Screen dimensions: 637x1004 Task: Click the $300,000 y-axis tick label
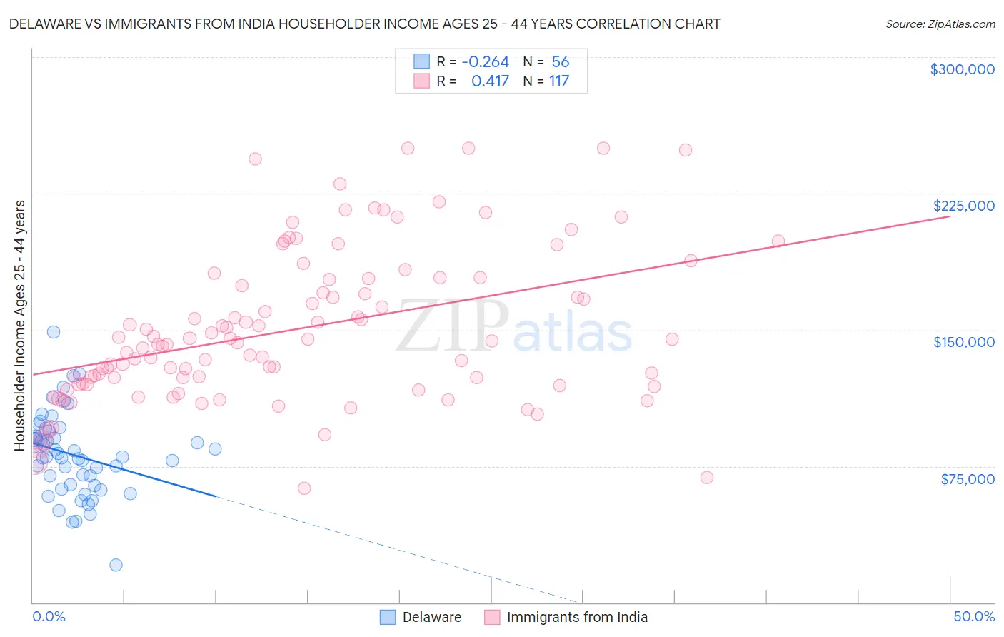click(962, 69)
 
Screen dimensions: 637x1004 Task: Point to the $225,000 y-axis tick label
click(963, 206)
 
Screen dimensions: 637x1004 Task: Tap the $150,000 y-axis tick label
click(963, 342)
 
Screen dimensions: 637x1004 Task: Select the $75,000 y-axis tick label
click(968, 479)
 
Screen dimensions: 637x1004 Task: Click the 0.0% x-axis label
click(49, 616)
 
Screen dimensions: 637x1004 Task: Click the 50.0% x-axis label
click(974, 616)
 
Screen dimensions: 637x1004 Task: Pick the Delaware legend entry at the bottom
click(431, 617)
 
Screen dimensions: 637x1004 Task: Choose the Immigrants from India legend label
click(577, 617)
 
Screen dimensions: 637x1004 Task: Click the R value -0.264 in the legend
click(486, 62)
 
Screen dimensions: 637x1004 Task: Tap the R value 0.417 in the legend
click(490, 81)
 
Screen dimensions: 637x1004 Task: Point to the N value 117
click(559, 81)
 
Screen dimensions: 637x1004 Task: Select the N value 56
click(561, 62)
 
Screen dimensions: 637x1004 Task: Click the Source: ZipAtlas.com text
click(940, 24)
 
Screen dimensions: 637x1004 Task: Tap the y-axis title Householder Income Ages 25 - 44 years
click(20, 326)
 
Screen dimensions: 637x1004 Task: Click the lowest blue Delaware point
click(116, 565)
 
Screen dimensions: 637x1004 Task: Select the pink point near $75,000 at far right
click(707, 478)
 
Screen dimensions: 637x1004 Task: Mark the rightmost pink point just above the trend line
click(778, 241)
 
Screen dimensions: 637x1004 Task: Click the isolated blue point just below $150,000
click(54, 332)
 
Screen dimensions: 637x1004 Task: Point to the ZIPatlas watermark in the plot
click(514, 327)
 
